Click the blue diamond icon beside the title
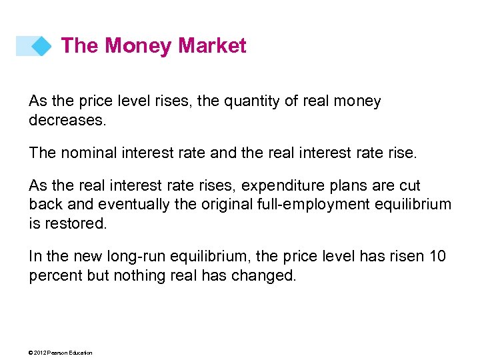pos(41,46)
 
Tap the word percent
pos(55,275)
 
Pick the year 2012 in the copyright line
pos(39,353)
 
